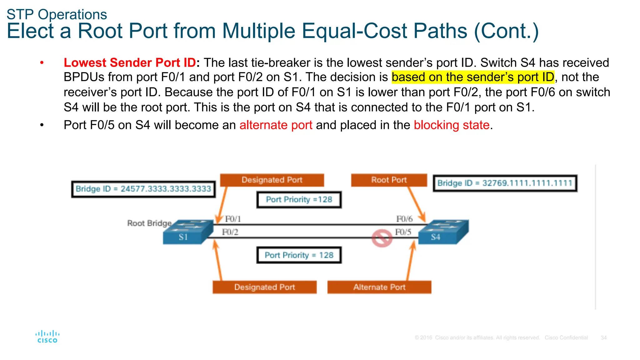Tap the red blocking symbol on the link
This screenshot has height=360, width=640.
click(382, 238)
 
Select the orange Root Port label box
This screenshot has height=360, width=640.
click(389, 180)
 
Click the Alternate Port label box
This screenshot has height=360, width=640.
click(379, 287)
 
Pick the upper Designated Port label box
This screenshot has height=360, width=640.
click(272, 180)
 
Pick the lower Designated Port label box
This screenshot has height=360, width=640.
click(264, 287)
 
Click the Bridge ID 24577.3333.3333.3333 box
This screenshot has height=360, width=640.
click(143, 189)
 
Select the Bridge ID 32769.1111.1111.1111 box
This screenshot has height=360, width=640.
click(505, 183)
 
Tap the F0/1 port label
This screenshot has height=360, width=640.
click(233, 219)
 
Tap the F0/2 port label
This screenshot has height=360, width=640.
click(230, 232)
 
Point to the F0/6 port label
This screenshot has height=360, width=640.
click(404, 219)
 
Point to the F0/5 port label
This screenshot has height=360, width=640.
click(403, 232)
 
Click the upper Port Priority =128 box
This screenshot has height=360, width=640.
click(299, 200)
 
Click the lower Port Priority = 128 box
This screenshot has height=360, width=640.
click(299, 255)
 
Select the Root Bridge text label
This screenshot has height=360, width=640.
click(149, 223)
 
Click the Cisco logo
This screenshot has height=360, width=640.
click(47, 337)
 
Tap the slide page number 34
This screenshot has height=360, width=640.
click(603, 338)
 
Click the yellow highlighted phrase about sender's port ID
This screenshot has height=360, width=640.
click(473, 77)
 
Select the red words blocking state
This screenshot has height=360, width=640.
click(452, 125)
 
